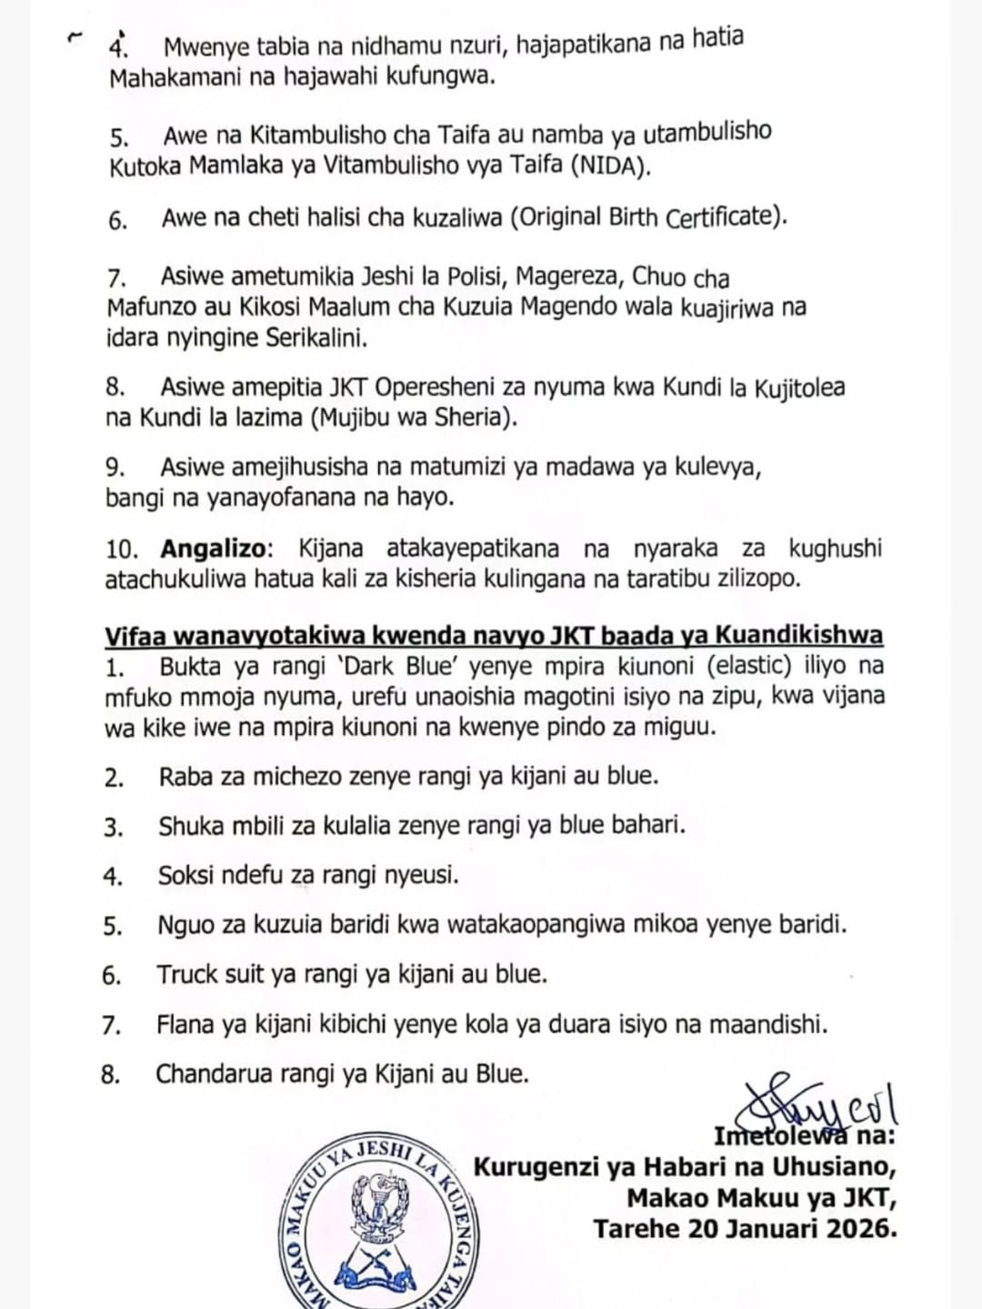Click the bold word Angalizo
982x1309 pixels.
coord(215,549)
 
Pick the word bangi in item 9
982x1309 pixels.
coord(132,498)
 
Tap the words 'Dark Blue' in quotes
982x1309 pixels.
coord(409,666)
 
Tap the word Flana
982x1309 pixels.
coord(185,1025)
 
